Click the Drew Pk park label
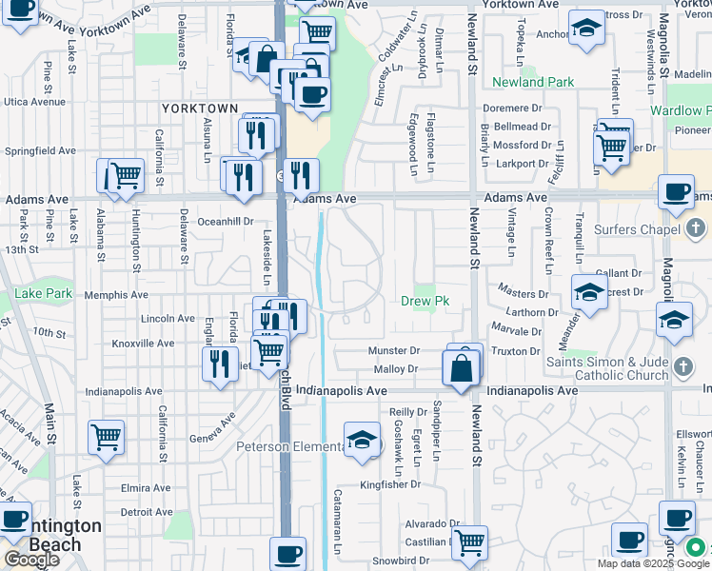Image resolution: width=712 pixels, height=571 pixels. tap(425, 302)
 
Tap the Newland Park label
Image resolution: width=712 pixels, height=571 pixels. tap(533, 83)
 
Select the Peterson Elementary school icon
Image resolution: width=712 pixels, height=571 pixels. tap(361, 439)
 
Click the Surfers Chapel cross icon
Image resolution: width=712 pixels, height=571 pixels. tap(696, 228)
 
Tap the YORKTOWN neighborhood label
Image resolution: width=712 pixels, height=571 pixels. tap(197, 109)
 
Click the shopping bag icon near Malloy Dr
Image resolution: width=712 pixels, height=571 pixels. tap(461, 367)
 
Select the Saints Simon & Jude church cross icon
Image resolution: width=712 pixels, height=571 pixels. tap(682, 367)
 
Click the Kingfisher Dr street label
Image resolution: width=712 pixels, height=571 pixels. tap(390, 484)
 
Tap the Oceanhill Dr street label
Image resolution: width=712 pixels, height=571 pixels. tap(224, 221)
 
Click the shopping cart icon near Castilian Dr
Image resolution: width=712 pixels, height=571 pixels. tap(468, 542)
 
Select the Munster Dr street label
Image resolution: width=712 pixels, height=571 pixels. tap(394, 351)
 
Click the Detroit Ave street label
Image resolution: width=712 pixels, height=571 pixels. tap(146, 512)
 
